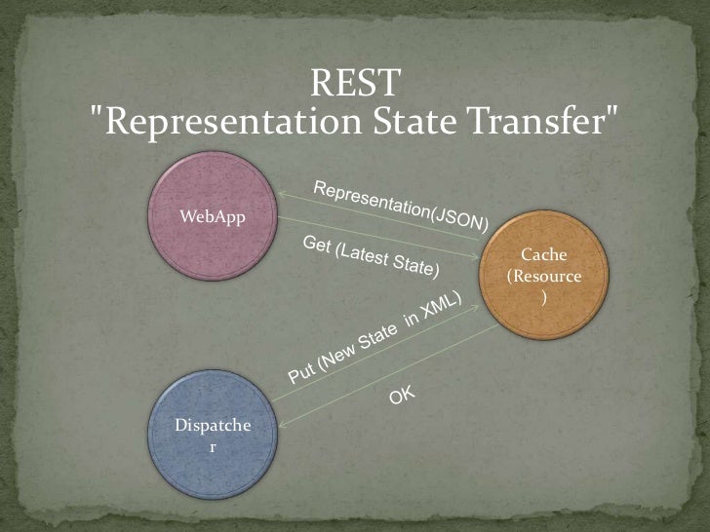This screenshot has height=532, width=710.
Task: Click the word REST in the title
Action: coord(354,84)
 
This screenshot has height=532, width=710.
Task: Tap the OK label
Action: coord(402,396)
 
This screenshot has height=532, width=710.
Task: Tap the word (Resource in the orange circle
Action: coord(545,277)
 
